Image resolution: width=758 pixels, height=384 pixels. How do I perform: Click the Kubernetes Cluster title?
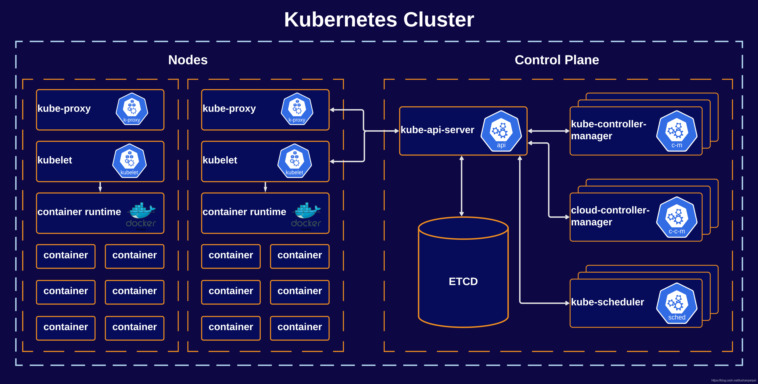tap(379, 20)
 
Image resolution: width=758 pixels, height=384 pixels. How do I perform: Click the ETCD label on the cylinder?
tap(463, 282)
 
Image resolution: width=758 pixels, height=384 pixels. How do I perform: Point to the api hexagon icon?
tap(501, 131)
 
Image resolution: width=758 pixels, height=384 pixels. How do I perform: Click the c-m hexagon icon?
tap(677, 131)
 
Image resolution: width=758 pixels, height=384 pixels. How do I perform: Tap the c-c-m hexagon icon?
tap(677, 217)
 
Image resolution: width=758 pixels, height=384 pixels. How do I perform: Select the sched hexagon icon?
tap(677, 303)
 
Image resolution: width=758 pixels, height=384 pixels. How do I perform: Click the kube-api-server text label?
tap(437, 130)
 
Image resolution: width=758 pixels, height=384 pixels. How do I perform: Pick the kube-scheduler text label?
tap(607, 302)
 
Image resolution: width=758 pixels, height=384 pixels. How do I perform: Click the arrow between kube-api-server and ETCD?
tap(462, 186)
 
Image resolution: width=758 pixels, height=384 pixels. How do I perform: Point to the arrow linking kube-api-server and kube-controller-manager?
tap(548, 131)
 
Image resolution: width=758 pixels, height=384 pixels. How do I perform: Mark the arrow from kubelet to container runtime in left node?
tap(100, 187)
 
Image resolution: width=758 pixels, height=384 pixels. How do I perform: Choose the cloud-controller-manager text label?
tap(610, 216)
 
